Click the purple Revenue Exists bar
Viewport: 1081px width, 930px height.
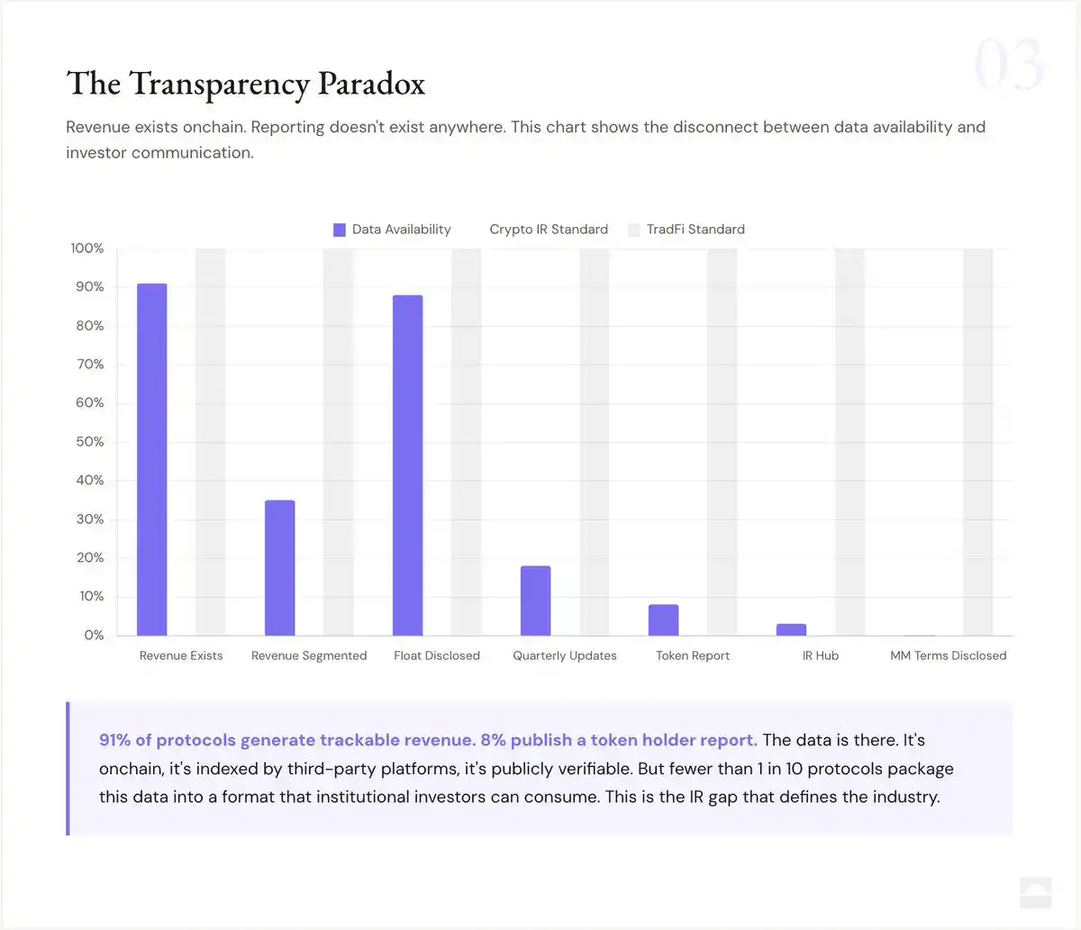point(151,459)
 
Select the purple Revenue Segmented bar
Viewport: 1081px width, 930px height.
point(279,567)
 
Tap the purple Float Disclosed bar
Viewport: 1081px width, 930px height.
point(407,465)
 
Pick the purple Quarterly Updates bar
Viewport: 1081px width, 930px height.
point(535,600)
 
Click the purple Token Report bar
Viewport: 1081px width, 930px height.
point(663,619)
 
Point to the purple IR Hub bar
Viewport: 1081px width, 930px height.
point(791,629)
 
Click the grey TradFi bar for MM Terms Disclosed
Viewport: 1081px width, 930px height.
point(977,441)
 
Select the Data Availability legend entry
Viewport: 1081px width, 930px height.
point(392,230)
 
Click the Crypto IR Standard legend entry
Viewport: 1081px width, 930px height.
point(548,230)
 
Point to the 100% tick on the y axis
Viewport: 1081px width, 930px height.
point(87,248)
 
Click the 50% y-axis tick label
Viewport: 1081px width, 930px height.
point(89,442)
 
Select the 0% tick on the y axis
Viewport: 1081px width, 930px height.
point(94,636)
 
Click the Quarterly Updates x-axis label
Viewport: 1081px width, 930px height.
point(565,655)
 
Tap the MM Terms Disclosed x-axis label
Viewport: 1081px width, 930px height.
point(948,655)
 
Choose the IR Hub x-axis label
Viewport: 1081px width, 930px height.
point(820,655)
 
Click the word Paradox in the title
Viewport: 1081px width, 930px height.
point(371,84)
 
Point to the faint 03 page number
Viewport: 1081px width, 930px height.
point(1008,65)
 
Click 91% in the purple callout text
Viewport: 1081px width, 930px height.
point(114,740)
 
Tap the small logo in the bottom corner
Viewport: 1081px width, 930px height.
point(1035,892)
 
